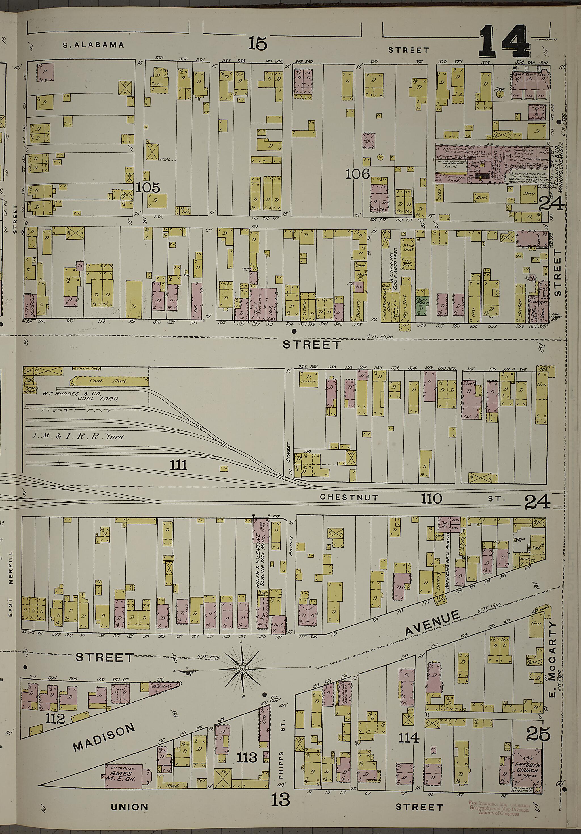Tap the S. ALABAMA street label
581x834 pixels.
click(x=93, y=45)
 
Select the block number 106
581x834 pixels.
click(x=357, y=174)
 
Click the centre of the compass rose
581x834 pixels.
click(x=242, y=669)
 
